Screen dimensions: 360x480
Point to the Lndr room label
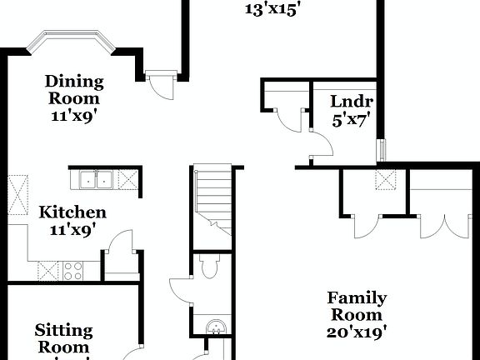pyautogui.click(x=351, y=102)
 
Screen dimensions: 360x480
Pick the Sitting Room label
pyautogui.click(x=63, y=338)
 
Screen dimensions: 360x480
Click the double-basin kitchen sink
pyautogui.click(x=97, y=179)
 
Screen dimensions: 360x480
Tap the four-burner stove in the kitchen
pyautogui.click(x=72, y=270)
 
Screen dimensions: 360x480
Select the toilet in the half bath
pyautogui.click(x=209, y=267)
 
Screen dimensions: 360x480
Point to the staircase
pyautogui.click(x=212, y=200)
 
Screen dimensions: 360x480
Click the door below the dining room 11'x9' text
pyautogui.click(x=158, y=85)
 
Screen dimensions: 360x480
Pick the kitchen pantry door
pyautogui.click(x=121, y=243)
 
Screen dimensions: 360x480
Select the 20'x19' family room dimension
pyautogui.click(x=356, y=331)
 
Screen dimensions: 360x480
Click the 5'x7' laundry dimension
pyautogui.click(x=351, y=118)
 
